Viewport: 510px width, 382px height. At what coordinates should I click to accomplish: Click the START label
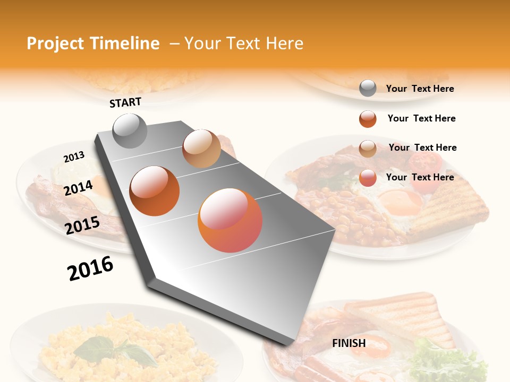[x=125, y=102]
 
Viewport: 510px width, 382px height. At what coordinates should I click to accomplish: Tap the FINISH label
[x=349, y=343]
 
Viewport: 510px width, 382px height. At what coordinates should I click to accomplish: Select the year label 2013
[x=74, y=157]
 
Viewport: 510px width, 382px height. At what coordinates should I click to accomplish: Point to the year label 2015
[x=82, y=225]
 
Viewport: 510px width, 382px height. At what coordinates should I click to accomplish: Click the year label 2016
[x=90, y=268]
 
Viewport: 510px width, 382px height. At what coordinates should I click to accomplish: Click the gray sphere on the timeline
[x=130, y=131]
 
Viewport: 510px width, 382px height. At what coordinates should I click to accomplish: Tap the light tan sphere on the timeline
[x=201, y=149]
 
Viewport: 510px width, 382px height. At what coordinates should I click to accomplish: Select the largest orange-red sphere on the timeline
[x=230, y=220]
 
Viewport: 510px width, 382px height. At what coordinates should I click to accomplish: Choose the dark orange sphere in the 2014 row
[x=155, y=190]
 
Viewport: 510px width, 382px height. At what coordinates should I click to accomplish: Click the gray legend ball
[x=368, y=89]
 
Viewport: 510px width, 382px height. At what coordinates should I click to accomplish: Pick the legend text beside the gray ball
[x=420, y=89]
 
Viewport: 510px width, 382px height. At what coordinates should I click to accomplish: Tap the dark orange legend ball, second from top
[x=368, y=119]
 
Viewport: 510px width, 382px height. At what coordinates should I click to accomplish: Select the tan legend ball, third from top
[x=368, y=148]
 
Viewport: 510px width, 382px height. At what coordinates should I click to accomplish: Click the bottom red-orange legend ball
[x=368, y=178]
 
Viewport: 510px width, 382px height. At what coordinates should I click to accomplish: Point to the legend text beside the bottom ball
[x=420, y=177]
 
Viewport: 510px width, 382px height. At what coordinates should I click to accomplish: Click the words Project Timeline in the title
[x=93, y=44]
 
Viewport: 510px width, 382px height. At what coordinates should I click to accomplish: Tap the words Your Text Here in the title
[x=244, y=44]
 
